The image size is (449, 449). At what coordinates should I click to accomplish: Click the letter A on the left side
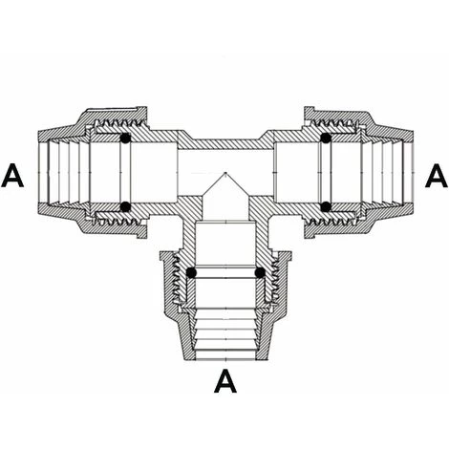[12, 176]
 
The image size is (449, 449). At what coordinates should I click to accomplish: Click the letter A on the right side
[437, 176]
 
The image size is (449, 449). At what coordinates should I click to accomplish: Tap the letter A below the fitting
[225, 381]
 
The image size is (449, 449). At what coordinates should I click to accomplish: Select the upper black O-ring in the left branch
[125, 139]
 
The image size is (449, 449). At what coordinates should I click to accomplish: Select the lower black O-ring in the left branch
[125, 206]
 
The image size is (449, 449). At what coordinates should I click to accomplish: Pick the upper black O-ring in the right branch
[326, 139]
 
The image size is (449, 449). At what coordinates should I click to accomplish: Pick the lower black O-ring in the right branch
[326, 206]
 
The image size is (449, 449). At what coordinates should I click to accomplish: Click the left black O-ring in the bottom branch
[191, 272]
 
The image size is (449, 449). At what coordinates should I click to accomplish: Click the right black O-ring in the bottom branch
[260, 272]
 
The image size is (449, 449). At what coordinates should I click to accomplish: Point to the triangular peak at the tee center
[225, 173]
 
